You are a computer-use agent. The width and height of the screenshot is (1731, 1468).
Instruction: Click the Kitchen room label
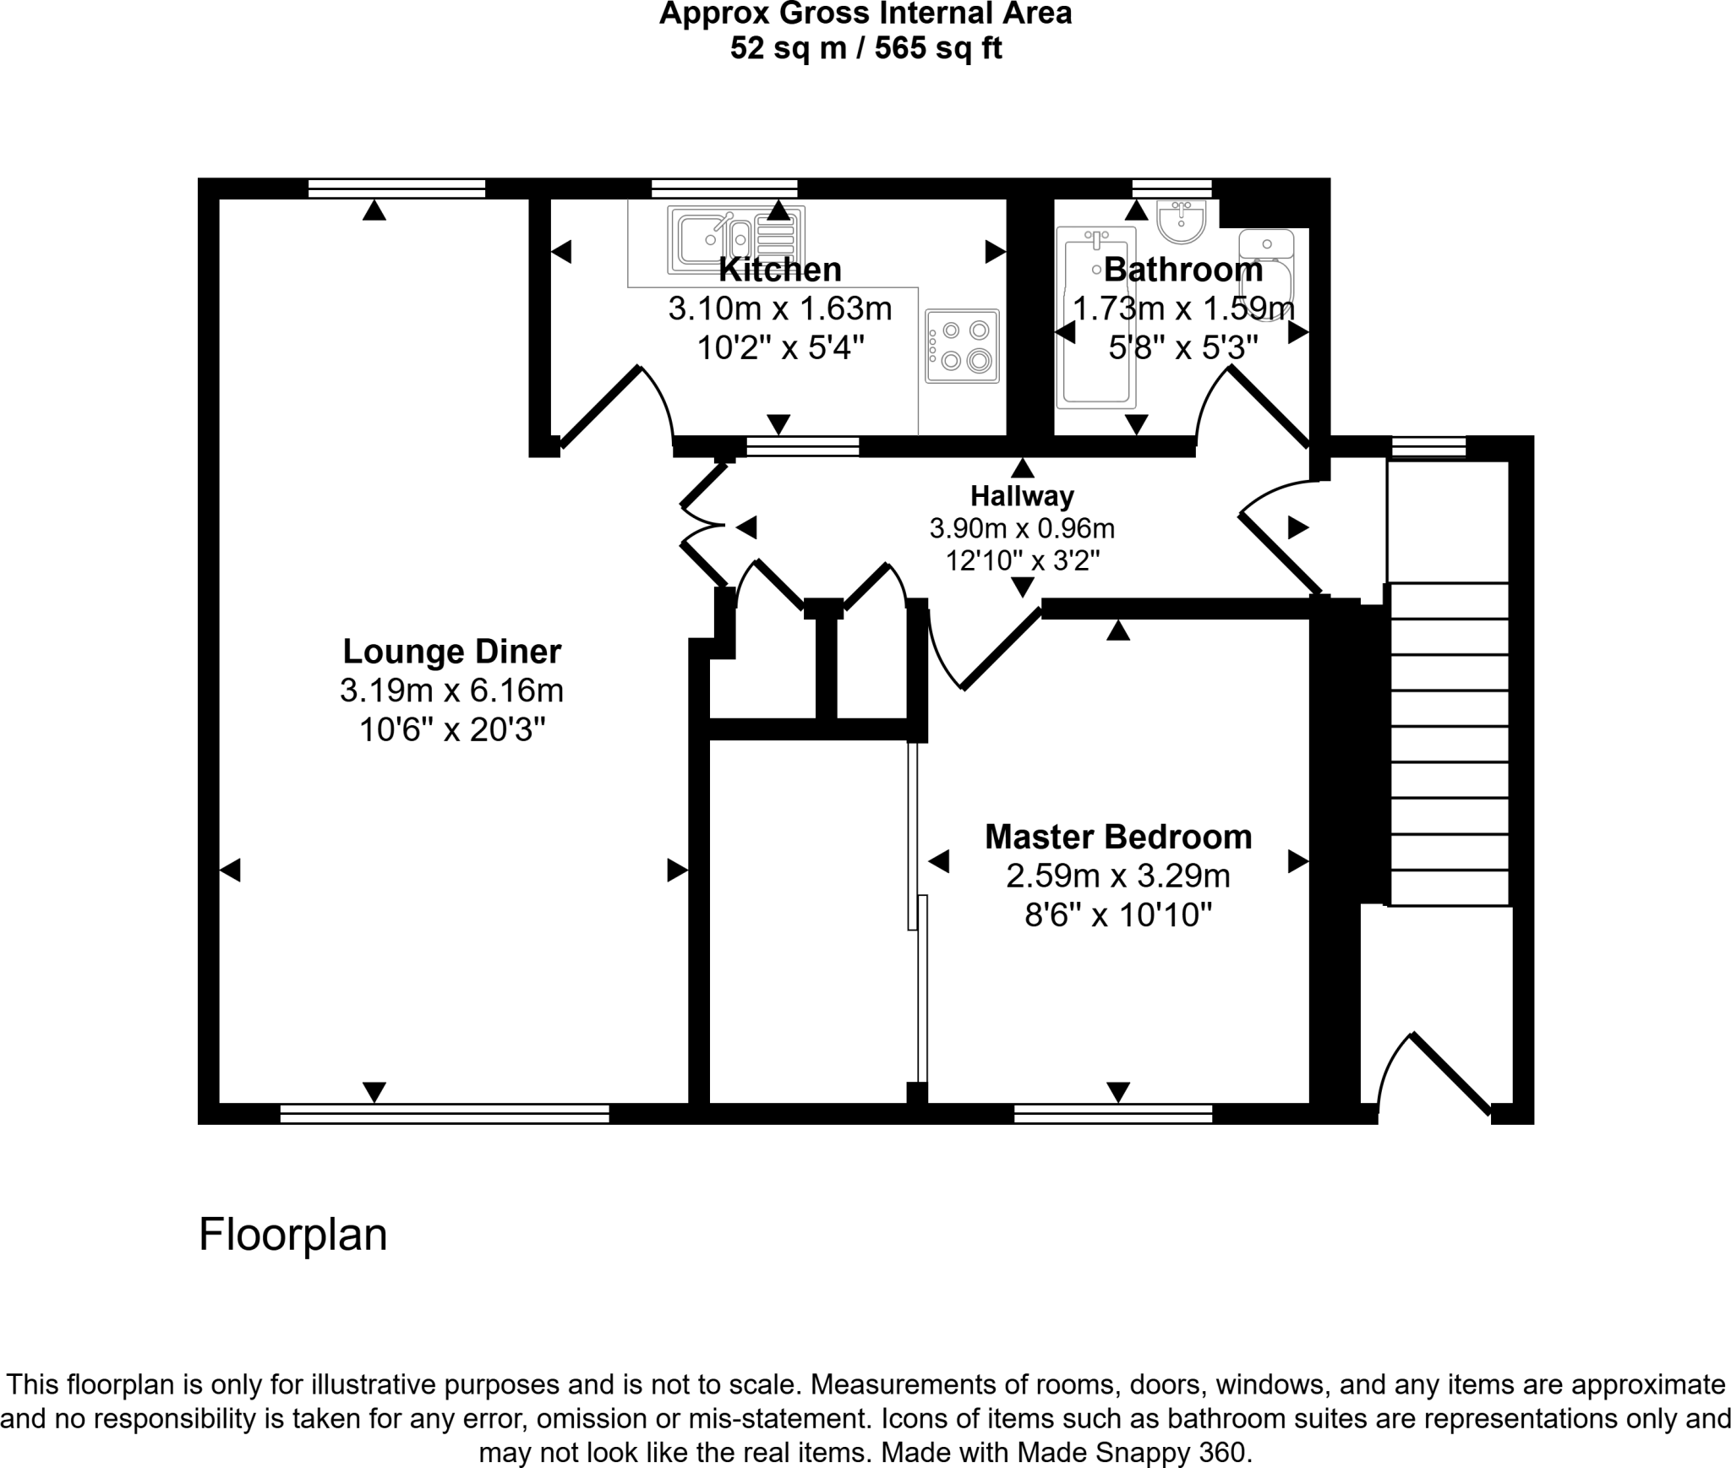pos(779,270)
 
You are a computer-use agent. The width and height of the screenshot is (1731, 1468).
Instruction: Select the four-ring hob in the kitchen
pos(962,346)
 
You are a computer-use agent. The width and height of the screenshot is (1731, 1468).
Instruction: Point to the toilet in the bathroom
pos(1267,270)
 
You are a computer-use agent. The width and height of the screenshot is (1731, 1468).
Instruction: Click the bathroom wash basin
pos(1182,221)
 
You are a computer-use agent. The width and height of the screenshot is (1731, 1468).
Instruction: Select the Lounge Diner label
pos(451,652)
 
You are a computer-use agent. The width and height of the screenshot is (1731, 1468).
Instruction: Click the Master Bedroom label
pos(1117,837)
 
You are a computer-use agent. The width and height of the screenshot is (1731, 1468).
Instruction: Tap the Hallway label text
pos(1022,496)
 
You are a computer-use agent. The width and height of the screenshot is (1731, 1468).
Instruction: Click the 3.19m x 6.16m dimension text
pos(451,690)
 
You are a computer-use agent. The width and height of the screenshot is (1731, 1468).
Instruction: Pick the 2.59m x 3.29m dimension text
pos(1117,876)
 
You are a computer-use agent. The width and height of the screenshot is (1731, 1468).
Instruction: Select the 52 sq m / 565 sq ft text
pos(865,48)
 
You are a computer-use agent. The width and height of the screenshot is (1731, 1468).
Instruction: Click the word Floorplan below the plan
pos(292,1235)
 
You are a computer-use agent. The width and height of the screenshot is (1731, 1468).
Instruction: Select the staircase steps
pos(1449,744)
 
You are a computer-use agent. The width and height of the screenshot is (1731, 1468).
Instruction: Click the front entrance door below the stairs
pos(1449,1074)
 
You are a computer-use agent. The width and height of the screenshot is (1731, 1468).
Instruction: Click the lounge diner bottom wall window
pos(445,1113)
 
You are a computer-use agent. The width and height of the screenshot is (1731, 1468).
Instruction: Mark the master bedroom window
pos(1112,1113)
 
